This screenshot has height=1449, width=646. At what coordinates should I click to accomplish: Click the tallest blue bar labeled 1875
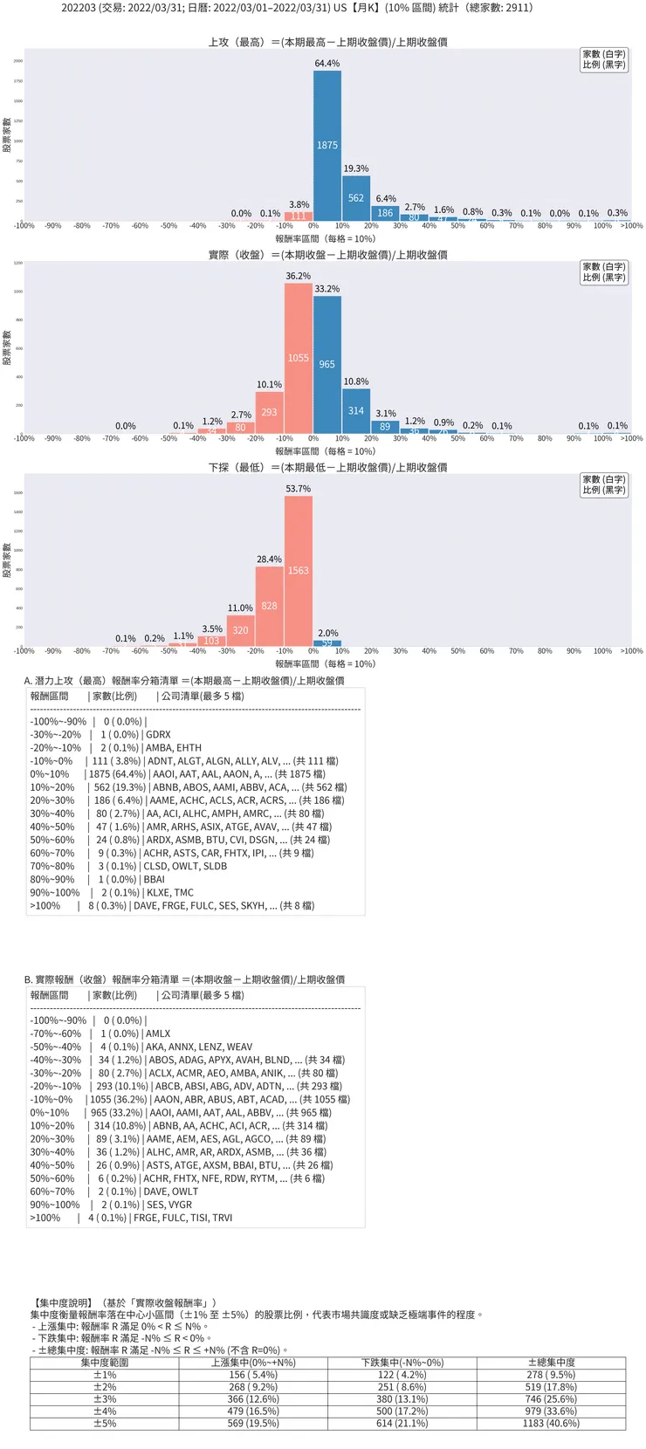tap(327, 146)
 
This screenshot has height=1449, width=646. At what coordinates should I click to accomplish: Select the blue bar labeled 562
tap(356, 198)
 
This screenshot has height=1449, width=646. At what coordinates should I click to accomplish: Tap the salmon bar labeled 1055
tap(299, 358)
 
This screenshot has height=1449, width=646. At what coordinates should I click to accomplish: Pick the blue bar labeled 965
tap(327, 364)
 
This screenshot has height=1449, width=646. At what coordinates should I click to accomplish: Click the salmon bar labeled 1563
tap(299, 571)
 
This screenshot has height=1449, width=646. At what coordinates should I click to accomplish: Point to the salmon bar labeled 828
tap(269, 606)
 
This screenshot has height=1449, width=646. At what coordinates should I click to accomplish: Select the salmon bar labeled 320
tap(240, 630)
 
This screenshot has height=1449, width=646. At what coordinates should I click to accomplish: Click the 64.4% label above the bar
tap(327, 64)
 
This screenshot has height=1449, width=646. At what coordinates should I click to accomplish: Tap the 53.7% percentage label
tap(299, 489)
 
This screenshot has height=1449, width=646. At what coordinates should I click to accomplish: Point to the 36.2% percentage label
tap(299, 276)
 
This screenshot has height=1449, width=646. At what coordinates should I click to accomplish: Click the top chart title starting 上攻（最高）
tap(327, 42)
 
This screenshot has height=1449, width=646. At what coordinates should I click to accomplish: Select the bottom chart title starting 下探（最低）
tap(327, 468)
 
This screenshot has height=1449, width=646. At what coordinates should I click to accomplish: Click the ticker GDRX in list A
tap(159, 735)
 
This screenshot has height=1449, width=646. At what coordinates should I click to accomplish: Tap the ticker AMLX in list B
tap(159, 1034)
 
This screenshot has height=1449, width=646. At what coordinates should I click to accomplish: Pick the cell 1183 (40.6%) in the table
tap(551, 1423)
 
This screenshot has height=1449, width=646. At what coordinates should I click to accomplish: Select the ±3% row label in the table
tap(105, 1398)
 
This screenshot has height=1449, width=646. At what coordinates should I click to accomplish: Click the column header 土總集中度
tap(551, 1363)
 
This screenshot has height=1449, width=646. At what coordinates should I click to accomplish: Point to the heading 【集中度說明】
tap(63, 1302)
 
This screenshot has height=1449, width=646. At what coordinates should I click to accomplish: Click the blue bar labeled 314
tap(356, 411)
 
